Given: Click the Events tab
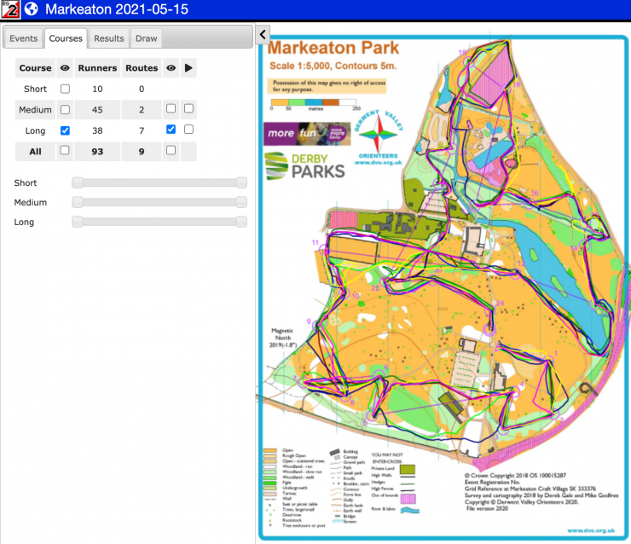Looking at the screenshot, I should coord(23,38).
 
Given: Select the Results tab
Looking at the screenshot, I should coord(109,38).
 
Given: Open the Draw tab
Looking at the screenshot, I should coord(147,38).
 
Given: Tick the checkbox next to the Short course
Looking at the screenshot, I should coord(65,89).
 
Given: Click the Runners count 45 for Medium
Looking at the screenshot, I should coord(97,109).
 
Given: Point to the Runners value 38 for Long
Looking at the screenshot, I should coord(97,130).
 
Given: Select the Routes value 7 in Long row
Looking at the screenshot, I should coord(141,130).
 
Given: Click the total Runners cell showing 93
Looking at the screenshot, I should coord(97,150).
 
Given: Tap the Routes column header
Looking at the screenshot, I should coord(141,67).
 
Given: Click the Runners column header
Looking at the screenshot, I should coord(97,67).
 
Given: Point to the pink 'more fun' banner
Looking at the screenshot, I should coord(294,134).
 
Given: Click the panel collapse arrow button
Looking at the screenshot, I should coord(262,35).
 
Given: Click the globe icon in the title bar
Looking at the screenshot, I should coord(32,9).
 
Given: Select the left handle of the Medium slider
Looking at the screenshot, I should coord(77,202).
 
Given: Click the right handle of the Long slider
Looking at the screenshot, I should coord(241,222).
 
